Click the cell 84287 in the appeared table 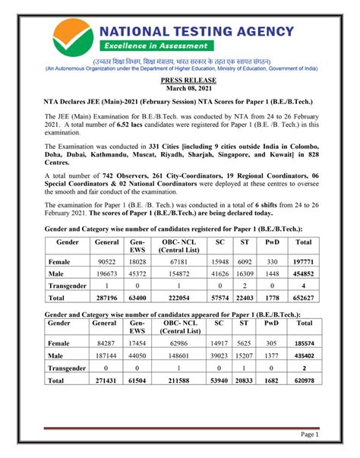pos(103,343)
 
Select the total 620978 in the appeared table pos(304,380)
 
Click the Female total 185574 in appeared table pos(304,343)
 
